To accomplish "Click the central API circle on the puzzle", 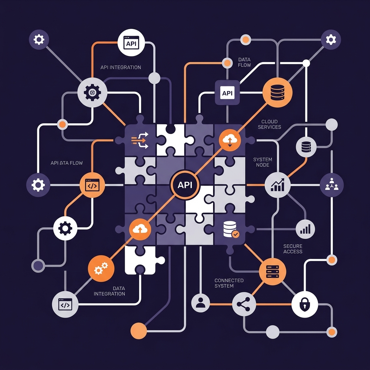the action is tap(185, 185).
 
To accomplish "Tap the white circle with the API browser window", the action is tap(131, 43).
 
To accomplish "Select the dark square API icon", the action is tap(227, 92).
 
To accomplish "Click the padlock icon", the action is tap(305, 304).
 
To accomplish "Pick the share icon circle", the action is tap(244, 304).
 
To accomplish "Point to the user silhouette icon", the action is tap(201, 303).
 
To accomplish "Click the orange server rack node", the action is tap(272, 272).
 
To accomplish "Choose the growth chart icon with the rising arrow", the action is tap(277, 185).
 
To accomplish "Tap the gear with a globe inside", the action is tap(92, 92).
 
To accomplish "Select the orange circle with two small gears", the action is tap(101, 268).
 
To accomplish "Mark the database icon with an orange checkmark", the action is tap(231, 229).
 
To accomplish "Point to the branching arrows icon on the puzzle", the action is tap(140, 141).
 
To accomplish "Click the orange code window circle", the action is tap(92, 185).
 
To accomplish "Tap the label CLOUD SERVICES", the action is tap(270, 124).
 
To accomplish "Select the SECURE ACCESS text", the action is tap(293, 249).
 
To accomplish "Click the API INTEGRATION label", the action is tap(121, 68).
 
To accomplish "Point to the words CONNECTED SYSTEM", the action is tap(229, 283).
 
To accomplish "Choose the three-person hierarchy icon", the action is tap(332, 185).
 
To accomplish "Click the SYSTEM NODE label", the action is tap(263, 162).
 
